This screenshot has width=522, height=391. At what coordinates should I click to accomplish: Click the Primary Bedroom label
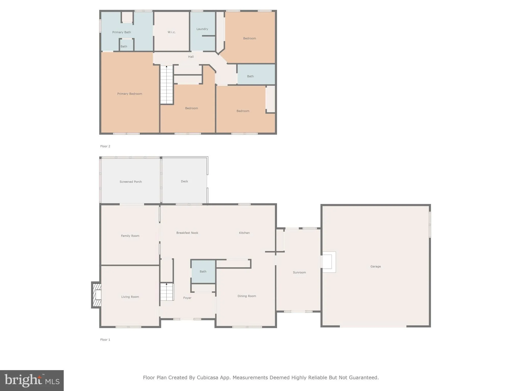(129, 94)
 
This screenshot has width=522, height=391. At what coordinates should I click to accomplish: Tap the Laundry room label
(202, 29)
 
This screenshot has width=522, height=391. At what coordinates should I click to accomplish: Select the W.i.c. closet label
(172, 32)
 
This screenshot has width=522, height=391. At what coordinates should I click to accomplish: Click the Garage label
(375, 267)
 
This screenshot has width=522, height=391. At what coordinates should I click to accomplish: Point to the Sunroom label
(299, 272)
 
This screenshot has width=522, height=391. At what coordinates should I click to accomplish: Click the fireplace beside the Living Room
(97, 295)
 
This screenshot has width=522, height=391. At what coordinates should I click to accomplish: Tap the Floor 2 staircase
(167, 85)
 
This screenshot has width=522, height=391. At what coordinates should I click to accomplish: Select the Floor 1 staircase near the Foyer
(167, 292)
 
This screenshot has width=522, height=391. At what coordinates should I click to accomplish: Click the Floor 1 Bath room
(203, 272)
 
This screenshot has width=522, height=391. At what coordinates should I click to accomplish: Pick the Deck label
(184, 181)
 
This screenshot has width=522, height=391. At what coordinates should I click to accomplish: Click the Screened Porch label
(130, 182)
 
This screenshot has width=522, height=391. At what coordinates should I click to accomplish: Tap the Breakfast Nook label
(187, 233)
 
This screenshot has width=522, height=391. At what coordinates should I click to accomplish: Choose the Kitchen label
(244, 233)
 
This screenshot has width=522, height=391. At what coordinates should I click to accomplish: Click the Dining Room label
(247, 296)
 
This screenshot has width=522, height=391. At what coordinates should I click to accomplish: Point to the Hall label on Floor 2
(191, 57)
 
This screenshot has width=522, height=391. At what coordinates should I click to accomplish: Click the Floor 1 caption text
(105, 340)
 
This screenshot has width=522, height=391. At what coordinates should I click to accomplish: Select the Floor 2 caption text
(105, 146)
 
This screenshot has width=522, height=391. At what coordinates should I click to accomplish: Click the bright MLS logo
(32, 381)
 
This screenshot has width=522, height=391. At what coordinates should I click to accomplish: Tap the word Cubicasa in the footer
(207, 378)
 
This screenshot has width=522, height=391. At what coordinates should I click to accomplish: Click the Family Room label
(130, 236)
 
